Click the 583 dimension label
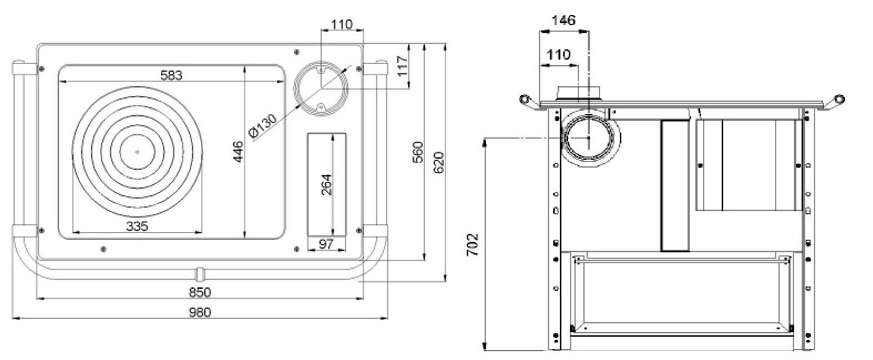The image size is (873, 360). pyautogui.click(x=171, y=75)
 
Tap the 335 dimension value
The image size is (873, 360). pyautogui.click(x=137, y=226)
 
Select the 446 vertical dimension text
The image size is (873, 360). pyautogui.click(x=238, y=151)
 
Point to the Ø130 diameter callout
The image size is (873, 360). pyautogui.click(x=262, y=126)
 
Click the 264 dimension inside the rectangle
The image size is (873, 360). pyautogui.click(x=326, y=184)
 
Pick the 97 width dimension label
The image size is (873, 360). pyautogui.click(x=326, y=244)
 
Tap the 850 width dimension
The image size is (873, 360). pyautogui.click(x=200, y=292)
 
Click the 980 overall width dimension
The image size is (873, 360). pyautogui.click(x=200, y=312)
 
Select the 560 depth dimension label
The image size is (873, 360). pyautogui.click(x=418, y=152)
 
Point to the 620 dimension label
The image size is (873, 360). pyautogui.click(x=439, y=162)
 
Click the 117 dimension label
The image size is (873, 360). pyautogui.click(x=402, y=65)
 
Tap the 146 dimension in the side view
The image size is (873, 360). pyautogui.click(x=564, y=20)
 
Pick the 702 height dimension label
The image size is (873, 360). pyautogui.click(x=473, y=245)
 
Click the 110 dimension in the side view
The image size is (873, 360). pyautogui.click(x=559, y=54)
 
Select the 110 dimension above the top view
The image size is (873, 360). pyautogui.click(x=342, y=25)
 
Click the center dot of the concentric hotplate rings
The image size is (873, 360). pyautogui.click(x=137, y=152)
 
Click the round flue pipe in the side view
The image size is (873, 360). pyautogui.click(x=564, y=138)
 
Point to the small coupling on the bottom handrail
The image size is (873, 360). pyautogui.click(x=200, y=274)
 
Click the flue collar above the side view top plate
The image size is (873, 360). pyautogui.click(x=579, y=93)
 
